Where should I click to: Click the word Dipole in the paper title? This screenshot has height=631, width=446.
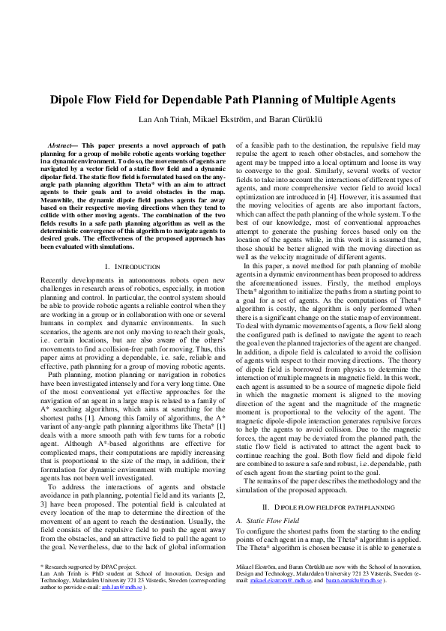pos(68,100)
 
